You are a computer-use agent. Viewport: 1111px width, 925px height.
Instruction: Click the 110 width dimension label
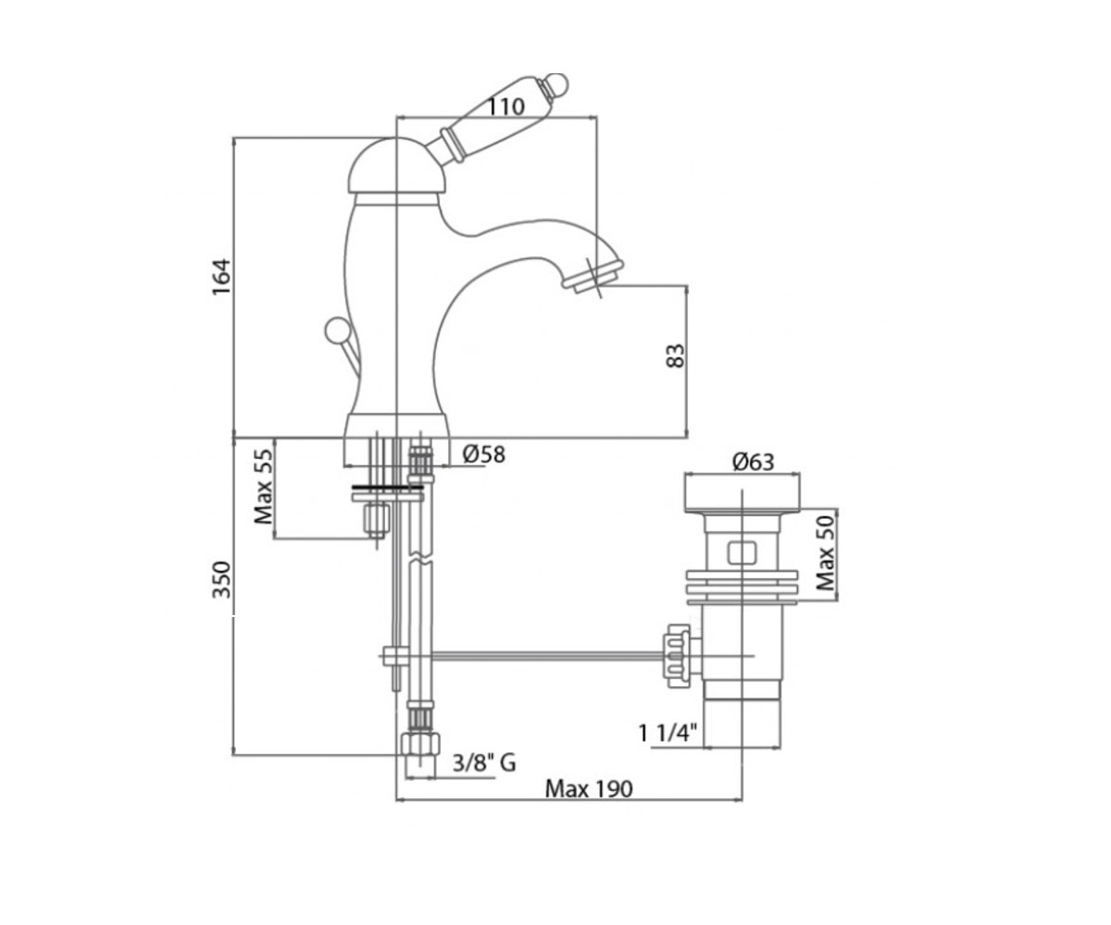point(506,107)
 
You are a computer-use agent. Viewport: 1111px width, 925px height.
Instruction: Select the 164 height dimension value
point(221,277)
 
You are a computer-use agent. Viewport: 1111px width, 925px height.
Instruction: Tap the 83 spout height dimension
point(675,355)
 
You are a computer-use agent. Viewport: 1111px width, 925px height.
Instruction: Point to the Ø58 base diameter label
point(483,454)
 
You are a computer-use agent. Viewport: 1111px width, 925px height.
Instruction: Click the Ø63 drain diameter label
point(754,462)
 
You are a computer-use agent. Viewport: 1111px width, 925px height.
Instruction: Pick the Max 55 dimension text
point(263,487)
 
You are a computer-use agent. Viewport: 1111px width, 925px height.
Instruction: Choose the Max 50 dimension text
point(826,553)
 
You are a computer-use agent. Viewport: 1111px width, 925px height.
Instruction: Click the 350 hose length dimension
point(222,579)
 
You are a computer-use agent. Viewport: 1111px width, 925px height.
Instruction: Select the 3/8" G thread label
point(484,763)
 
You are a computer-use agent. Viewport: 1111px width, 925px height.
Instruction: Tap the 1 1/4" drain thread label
point(668,734)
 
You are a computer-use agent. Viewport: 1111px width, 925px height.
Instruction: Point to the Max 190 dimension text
point(589,789)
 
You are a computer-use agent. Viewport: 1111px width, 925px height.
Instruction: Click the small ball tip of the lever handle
point(556,84)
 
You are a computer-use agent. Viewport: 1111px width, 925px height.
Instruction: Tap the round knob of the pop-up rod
point(337,329)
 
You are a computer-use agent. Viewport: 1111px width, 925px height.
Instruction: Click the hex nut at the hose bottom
point(419,743)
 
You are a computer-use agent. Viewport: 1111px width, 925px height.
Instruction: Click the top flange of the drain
point(742,493)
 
